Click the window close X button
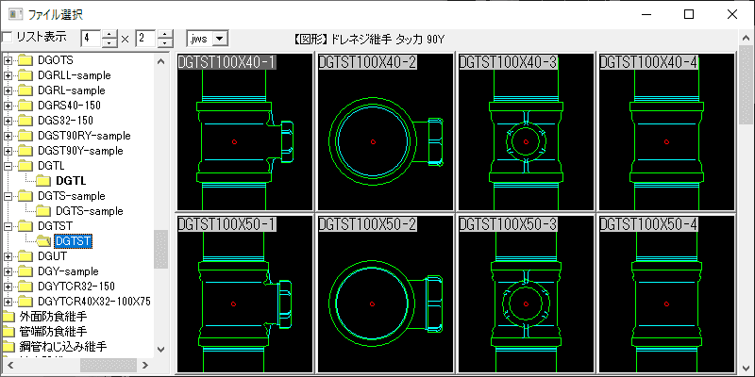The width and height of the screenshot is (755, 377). [x=732, y=14]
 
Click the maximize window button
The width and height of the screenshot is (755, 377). [x=689, y=14]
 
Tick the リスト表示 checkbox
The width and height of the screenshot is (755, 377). [x=8, y=38]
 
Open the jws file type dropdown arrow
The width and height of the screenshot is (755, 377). [x=220, y=39]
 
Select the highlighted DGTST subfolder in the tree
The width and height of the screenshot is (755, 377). [x=74, y=241]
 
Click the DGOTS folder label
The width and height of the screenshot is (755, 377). [x=56, y=60]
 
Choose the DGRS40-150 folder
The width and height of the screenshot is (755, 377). [x=69, y=106]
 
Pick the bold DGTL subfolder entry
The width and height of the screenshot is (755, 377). [x=71, y=181]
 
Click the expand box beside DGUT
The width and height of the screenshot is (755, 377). [x=8, y=256]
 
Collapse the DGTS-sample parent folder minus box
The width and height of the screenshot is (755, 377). [x=8, y=196]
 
